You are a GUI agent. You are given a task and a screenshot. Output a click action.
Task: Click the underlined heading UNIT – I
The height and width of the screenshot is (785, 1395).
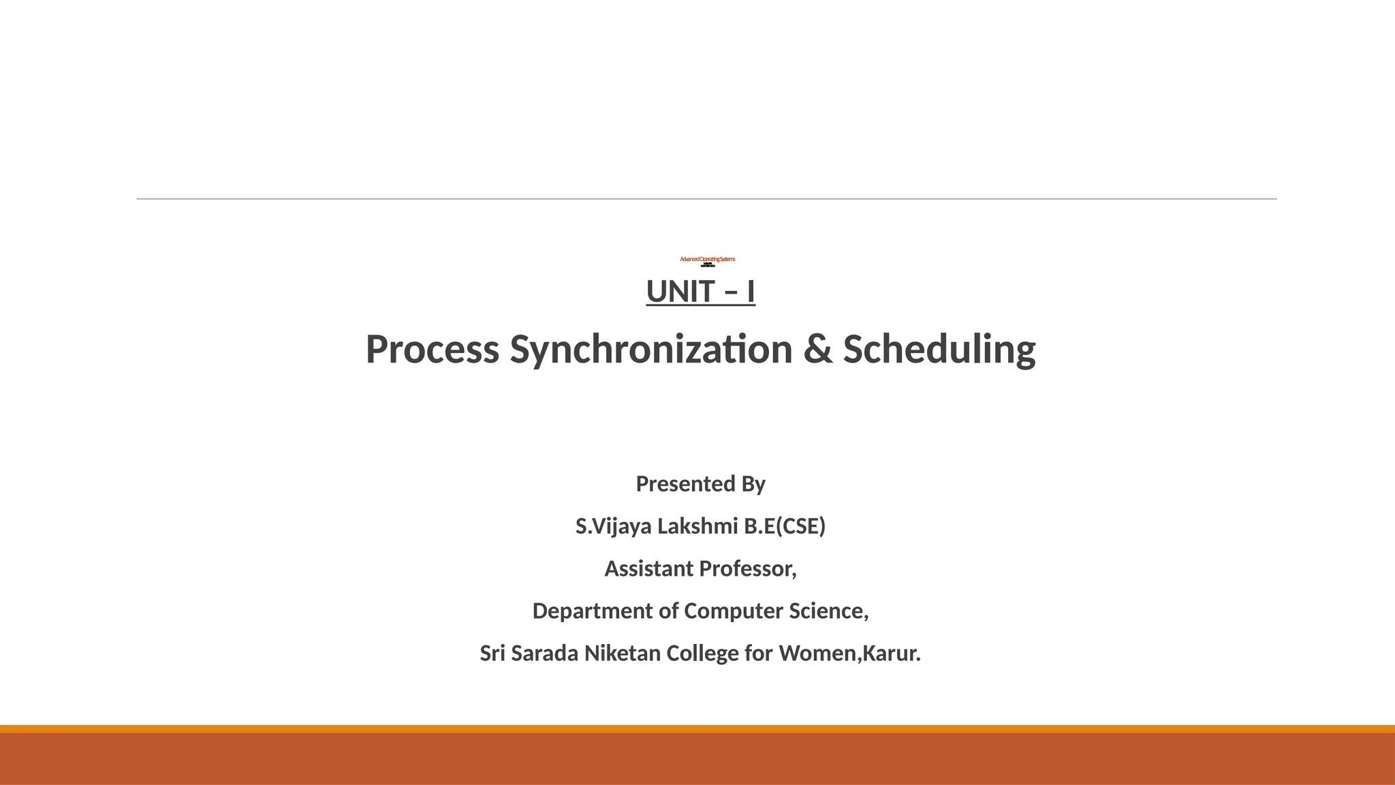click(700, 292)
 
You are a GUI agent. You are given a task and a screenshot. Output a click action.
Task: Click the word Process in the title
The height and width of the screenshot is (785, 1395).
click(433, 350)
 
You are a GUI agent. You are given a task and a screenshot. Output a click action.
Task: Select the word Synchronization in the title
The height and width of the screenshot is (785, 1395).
click(651, 350)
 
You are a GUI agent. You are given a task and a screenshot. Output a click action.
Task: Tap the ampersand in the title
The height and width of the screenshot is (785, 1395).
click(817, 350)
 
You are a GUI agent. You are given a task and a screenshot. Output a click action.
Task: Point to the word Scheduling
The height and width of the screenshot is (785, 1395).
click(939, 350)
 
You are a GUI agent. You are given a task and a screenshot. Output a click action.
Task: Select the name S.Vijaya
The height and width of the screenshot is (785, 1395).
click(613, 526)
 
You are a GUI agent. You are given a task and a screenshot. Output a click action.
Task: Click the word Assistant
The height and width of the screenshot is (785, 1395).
click(648, 568)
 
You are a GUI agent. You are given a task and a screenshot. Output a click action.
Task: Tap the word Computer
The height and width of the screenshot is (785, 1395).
click(734, 611)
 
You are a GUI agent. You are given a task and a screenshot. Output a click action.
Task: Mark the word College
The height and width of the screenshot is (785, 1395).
click(702, 653)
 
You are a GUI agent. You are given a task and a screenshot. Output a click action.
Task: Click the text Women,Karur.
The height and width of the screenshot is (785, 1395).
click(849, 653)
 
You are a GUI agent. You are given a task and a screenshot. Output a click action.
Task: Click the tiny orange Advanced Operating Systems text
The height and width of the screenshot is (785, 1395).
click(707, 259)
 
